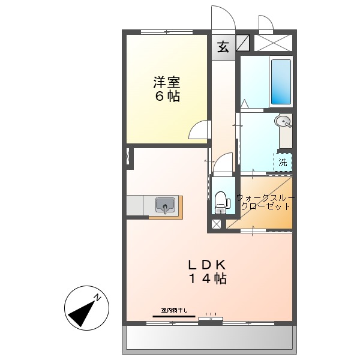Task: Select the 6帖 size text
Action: pyautogui.click(x=167, y=97)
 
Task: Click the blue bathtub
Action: pyautogui.click(x=280, y=81)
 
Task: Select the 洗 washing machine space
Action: pyautogui.click(x=283, y=161)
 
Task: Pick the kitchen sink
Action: pyautogui.click(x=164, y=206)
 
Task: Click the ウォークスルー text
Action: pyautogui.click(x=265, y=197)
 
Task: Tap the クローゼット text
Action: pyautogui.click(x=265, y=206)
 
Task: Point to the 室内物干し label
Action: pyautogui.click(x=174, y=310)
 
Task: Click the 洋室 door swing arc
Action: pyautogui.click(x=200, y=130)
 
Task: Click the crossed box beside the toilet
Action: pyautogui.click(x=215, y=226)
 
